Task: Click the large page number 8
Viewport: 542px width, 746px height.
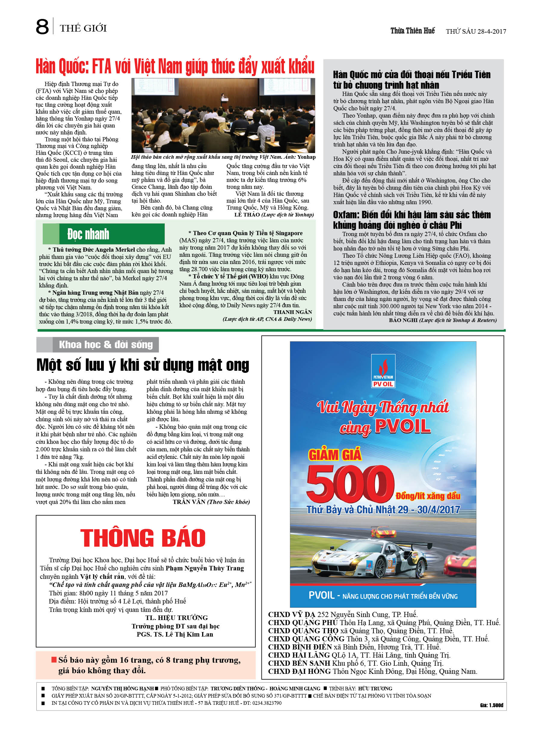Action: [42, 27]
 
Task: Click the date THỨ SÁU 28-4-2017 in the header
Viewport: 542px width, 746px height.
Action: [476, 32]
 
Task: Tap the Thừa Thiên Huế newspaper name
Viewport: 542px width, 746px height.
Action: [412, 31]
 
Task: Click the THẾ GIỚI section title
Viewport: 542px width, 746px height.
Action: [83, 28]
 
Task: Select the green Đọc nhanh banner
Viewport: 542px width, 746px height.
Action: [103, 234]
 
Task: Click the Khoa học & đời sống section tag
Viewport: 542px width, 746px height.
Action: [105, 344]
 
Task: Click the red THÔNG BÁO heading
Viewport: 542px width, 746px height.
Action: [143, 538]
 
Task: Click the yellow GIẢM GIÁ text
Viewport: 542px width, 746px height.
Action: [335, 455]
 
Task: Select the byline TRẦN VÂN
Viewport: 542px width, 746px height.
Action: [189, 502]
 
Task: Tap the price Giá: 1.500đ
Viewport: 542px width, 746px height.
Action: [491, 705]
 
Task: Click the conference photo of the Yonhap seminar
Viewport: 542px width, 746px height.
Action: [223, 115]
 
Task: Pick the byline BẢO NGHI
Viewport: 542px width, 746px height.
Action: [403, 320]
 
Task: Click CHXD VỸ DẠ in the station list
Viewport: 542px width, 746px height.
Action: [291, 614]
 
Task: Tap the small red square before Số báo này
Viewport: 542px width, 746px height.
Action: [54, 659]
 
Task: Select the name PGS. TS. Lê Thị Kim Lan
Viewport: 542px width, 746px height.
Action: [175, 634]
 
